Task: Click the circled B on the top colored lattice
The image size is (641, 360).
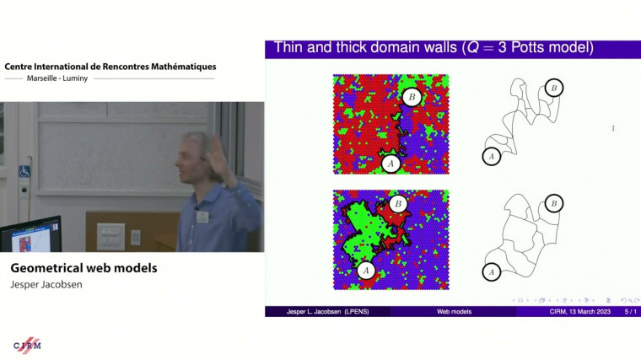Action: click(411, 96)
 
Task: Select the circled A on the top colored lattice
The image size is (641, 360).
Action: click(390, 164)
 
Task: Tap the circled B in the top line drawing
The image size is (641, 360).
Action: click(553, 88)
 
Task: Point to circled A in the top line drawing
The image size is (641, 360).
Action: click(492, 156)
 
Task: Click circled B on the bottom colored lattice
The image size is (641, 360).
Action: click(398, 204)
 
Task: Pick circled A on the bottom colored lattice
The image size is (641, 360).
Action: click(365, 270)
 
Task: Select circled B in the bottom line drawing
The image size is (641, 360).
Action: click(553, 203)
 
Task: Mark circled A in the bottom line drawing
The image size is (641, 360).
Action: click(492, 271)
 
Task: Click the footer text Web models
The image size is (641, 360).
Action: click(454, 311)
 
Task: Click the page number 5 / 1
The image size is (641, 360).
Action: click(629, 311)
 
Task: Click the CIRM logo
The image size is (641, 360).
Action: click(27, 345)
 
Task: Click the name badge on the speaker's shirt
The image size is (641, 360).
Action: click(202, 216)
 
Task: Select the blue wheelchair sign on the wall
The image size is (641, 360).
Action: click(24, 171)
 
